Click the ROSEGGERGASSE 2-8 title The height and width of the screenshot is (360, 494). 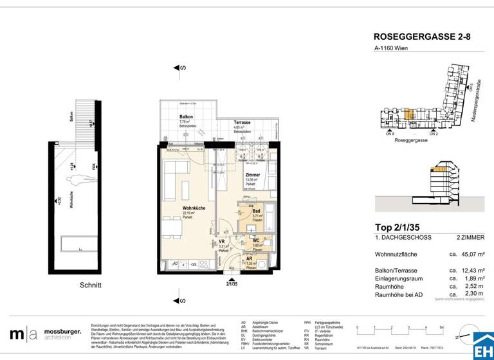tap(422, 38)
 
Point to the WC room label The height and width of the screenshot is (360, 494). tap(257, 240)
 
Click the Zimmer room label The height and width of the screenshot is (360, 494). tap(253, 175)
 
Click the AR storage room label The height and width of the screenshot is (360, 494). tap(248, 258)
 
